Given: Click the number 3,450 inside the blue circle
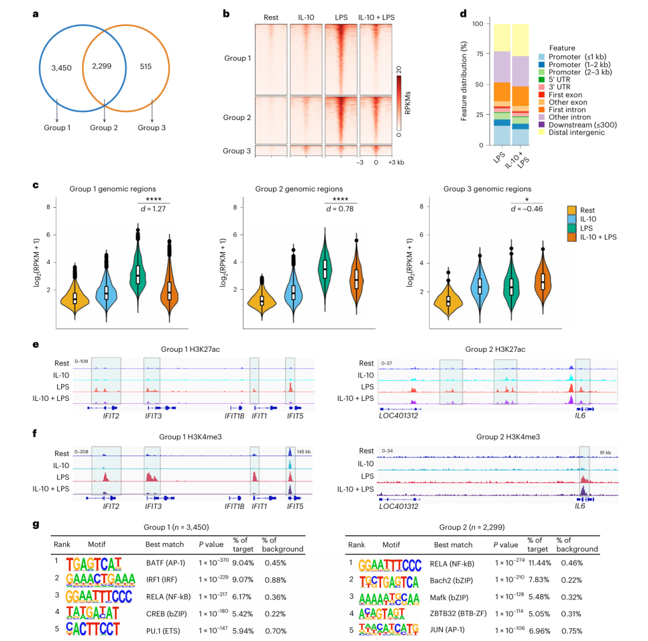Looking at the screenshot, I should (61, 68).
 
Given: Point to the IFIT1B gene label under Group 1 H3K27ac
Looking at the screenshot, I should (234, 415).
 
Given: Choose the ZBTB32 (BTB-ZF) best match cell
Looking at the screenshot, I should (458, 613).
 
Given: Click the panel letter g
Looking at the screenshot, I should (36, 524).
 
